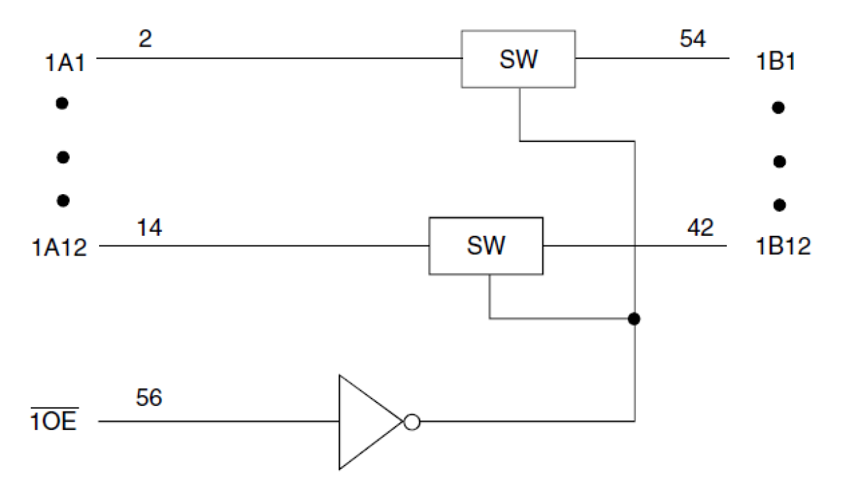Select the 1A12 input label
[x=60, y=247]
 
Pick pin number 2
[x=145, y=39]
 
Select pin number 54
[x=692, y=39]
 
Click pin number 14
[x=150, y=228]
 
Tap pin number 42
[x=700, y=227]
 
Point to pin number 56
[x=149, y=397]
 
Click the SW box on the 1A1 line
[x=518, y=59]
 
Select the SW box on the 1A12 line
[x=486, y=246]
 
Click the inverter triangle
[x=365, y=422]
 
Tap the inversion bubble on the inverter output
[x=411, y=422]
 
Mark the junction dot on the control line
[x=635, y=319]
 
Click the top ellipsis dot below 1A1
[x=62, y=104]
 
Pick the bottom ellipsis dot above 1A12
[x=63, y=200]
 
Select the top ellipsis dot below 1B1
[x=778, y=107]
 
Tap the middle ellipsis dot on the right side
[x=779, y=162]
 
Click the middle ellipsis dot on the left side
[x=63, y=158]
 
